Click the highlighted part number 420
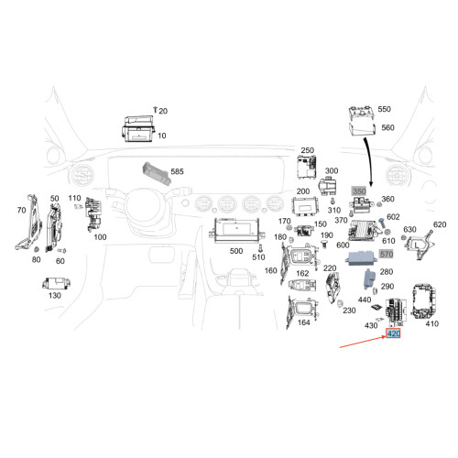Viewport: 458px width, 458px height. click(393, 333)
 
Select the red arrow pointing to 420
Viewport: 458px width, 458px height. click(363, 342)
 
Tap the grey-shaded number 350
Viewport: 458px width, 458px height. click(359, 191)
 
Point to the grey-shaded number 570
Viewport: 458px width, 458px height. click(387, 254)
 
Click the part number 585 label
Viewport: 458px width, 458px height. click(177, 171)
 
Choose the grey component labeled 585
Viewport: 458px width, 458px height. click(157, 173)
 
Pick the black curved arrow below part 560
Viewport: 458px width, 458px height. click(368, 162)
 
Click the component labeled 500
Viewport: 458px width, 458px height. click(236, 231)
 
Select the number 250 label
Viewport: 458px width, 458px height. click(308, 150)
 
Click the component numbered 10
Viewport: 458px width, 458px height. click(139, 129)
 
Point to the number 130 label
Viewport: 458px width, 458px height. click(55, 296)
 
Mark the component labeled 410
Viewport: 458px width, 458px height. click(424, 301)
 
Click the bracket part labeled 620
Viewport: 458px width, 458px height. click(420, 245)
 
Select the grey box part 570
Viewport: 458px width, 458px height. click(361, 258)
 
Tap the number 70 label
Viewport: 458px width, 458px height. click(21, 210)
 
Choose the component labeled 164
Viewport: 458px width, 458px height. click(302, 312)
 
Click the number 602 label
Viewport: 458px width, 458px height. click(393, 217)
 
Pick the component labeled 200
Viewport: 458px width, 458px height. click(305, 207)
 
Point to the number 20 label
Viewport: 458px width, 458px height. click(163, 111)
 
